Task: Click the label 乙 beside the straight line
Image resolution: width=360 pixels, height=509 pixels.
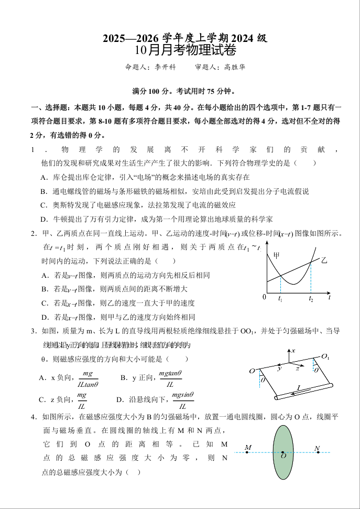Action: point(324,260)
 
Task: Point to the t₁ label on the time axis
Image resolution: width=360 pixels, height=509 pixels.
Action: point(280,299)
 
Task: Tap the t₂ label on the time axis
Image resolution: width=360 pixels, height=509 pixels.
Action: point(311,299)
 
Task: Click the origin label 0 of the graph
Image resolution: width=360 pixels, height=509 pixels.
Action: point(264,298)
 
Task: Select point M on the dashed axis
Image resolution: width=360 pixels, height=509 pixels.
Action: point(248,448)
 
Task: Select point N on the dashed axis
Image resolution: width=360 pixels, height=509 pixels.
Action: point(317,449)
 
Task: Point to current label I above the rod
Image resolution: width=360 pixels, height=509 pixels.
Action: point(299,388)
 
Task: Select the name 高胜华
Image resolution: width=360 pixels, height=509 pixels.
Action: point(234,67)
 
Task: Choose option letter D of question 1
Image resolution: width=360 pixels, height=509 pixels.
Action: point(43,219)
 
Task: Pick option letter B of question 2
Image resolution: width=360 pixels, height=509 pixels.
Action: point(43,289)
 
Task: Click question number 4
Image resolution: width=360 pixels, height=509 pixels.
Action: point(33,417)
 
